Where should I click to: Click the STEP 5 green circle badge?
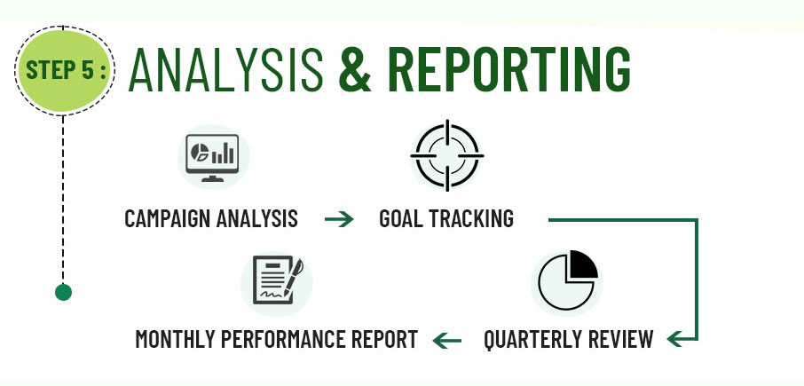point(64,70)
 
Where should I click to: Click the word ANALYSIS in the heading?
point(226,70)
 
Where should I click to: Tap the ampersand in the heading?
point(355,70)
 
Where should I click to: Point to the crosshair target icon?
point(447,155)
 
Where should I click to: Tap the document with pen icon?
point(278,280)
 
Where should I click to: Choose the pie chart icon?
point(568,280)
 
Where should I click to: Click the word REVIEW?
point(620,339)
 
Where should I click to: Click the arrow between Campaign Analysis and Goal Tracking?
point(339,219)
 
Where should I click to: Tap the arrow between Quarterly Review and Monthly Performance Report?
point(447,340)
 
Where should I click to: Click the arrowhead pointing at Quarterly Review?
point(676,339)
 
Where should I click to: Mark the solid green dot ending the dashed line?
point(63,292)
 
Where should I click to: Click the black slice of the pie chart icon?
point(582,264)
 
